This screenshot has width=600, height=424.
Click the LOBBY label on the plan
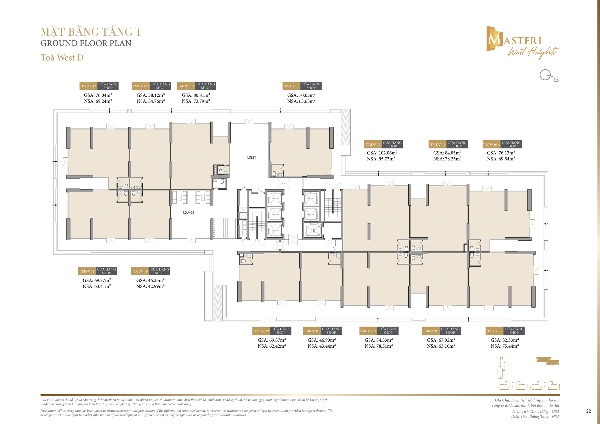251,157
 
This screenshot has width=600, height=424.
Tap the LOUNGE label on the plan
189,213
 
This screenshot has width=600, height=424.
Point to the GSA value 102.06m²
382,153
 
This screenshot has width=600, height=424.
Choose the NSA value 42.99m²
150,286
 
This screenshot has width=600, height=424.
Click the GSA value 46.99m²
321,340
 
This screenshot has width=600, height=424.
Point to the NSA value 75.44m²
505,346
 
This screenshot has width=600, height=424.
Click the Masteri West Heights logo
522,42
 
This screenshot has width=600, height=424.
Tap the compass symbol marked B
548,76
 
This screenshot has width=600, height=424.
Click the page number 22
588,411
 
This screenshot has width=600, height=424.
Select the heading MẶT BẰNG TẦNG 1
91,32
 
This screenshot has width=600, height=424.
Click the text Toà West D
62,57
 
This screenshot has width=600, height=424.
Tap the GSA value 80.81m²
196,95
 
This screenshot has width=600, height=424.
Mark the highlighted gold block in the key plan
547,361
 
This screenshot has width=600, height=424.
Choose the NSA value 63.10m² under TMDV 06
441,346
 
